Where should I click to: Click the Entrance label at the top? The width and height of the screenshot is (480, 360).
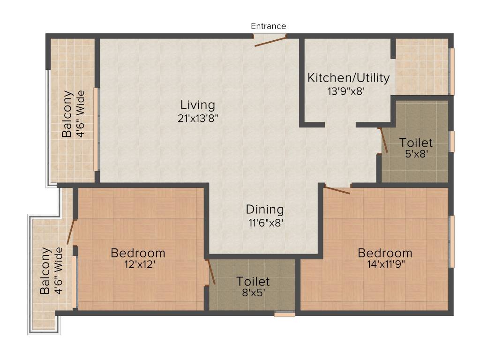268,26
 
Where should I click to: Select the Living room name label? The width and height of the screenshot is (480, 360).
198,105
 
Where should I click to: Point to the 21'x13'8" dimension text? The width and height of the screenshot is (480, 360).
198,118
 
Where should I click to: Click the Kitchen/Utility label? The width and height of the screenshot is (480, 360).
348,78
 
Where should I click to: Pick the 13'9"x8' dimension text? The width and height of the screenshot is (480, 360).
346,91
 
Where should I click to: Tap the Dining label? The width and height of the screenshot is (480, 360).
265,210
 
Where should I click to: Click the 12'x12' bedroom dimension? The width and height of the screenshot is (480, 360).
138,264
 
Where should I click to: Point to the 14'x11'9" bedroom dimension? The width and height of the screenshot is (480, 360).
385,264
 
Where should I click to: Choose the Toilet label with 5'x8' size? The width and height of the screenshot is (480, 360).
416,142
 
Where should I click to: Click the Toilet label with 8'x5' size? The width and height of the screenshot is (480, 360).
253,282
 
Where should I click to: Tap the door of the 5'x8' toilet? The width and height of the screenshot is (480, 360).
383,140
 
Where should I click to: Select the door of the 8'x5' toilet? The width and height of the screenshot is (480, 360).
210,272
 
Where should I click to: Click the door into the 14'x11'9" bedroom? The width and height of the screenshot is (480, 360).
337,190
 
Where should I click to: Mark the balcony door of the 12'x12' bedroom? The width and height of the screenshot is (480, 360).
71,232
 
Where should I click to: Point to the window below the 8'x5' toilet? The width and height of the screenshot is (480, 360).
285,314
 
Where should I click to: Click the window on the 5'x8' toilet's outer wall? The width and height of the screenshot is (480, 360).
452,141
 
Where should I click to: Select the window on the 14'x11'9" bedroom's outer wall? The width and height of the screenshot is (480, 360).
452,241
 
